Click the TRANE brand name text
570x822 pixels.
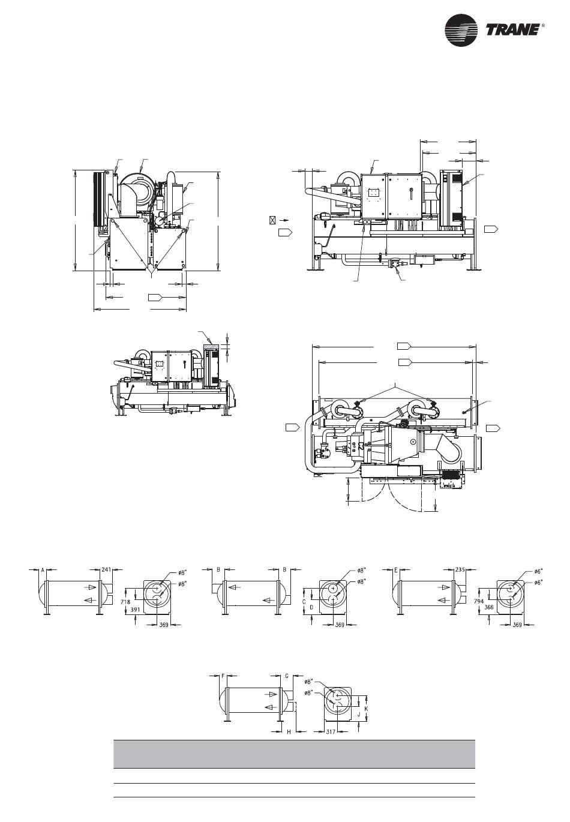513,30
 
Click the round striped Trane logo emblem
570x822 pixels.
461,31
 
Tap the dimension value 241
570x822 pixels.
106,570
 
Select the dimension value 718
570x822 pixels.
125,602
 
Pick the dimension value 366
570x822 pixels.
488,607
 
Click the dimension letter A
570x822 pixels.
43,570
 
